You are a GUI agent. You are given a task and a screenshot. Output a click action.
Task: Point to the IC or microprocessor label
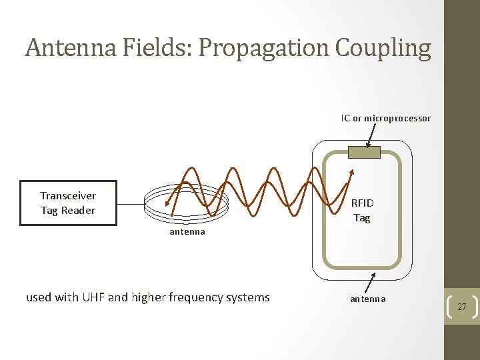[x=386, y=118]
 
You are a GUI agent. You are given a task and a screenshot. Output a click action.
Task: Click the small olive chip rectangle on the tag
[x=364, y=152]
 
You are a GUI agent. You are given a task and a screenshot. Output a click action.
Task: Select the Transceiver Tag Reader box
[x=68, y=203]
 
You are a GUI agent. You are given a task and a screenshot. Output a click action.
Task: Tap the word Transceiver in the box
[x=68, y=195]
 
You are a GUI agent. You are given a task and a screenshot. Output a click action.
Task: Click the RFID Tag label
[x=362, y=210]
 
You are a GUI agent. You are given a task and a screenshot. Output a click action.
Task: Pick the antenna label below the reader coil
[x=187, y=232]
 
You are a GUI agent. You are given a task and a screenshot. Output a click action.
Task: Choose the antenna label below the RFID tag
[x=367, y=299]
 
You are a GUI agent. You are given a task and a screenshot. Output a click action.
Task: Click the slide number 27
[x=461, y=307]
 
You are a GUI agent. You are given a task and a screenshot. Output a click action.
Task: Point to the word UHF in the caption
[x=93, y=297]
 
